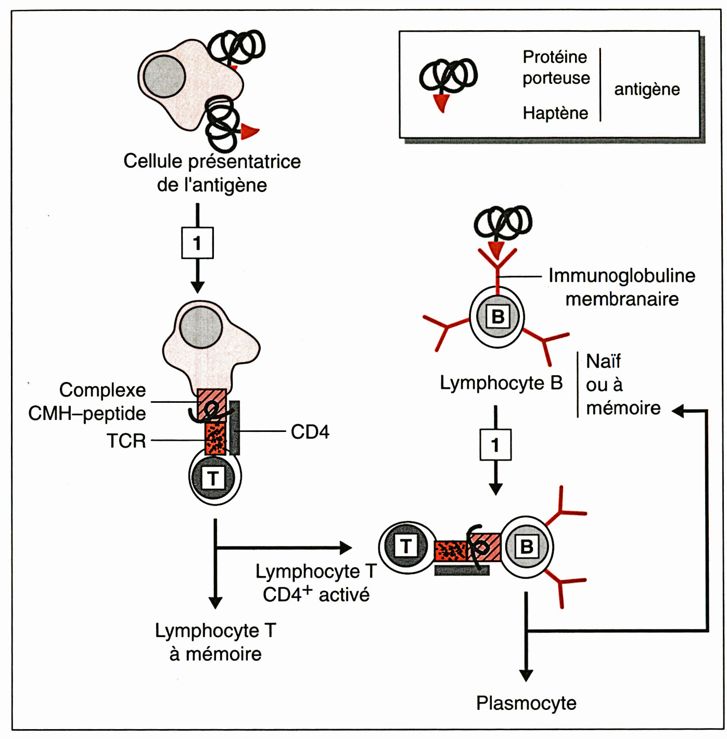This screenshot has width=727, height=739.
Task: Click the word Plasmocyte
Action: (526, 703)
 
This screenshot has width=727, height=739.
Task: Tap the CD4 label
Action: (310, 431)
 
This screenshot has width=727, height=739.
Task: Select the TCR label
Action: (126, 441)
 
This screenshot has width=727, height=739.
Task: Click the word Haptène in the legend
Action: (555, 113)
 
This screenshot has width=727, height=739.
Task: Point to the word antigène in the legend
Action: (647, 89)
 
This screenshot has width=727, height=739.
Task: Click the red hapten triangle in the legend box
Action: (441, 102)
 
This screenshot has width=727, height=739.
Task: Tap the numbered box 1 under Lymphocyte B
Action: (495, 445)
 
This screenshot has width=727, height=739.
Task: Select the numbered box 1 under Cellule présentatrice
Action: (197, 243)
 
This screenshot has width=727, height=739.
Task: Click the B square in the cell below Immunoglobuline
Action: (498, 316)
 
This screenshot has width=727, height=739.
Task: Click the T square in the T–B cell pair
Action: (406, 546)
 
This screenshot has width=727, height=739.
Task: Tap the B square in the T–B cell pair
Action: (526, 546)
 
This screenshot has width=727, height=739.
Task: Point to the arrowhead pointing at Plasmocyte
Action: (526, 676)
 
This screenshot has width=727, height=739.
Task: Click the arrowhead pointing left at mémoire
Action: (678, 411)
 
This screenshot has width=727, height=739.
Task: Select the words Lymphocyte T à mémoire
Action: (215, 642)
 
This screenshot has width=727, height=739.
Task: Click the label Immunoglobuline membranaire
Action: (622, 287)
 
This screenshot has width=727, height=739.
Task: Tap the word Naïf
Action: (603, 361)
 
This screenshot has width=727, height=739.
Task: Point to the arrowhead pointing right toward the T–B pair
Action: (346, 547)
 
